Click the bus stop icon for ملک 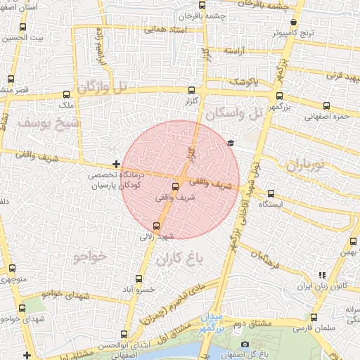[67, 95]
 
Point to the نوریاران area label [304, 165]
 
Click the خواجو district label [89, 258]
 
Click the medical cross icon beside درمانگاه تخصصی [117, 164]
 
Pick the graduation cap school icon [230, 143]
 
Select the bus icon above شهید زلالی [156, 226]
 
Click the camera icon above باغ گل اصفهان [245, 344]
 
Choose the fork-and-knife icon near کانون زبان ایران [322, 275]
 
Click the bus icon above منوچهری [12, 269]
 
